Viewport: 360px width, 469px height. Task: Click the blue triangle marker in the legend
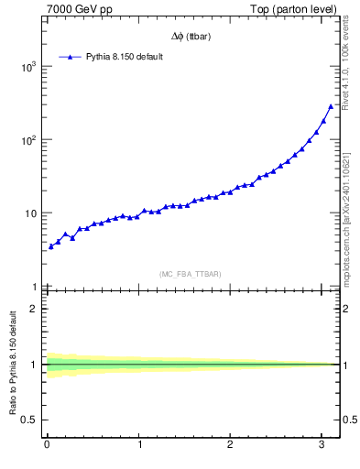(x=68, y=57)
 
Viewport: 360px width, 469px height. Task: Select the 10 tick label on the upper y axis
(x=30, y=213)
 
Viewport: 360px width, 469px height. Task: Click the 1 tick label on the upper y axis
(x=33, y=287)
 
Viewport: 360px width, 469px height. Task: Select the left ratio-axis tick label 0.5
(x=29, y=420)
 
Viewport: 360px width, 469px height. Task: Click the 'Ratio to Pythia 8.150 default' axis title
(x=12, y=366)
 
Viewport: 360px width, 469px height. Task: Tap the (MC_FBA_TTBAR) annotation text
(x=191, y=273)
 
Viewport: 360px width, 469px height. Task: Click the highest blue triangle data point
(x=331, y=106)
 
